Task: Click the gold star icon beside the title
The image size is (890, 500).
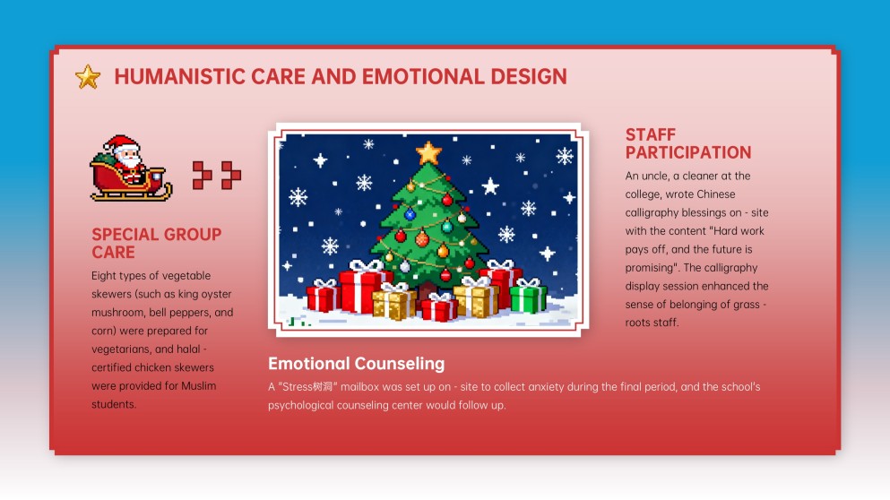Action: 88,77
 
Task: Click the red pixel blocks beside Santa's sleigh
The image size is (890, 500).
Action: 217,175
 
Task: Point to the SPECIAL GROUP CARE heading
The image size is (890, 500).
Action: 156,243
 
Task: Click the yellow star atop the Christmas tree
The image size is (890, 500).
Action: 429,152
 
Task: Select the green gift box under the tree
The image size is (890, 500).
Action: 528,297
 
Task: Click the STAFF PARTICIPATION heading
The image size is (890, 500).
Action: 687,143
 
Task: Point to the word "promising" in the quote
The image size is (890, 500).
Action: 653,267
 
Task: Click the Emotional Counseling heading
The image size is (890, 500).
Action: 356,364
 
